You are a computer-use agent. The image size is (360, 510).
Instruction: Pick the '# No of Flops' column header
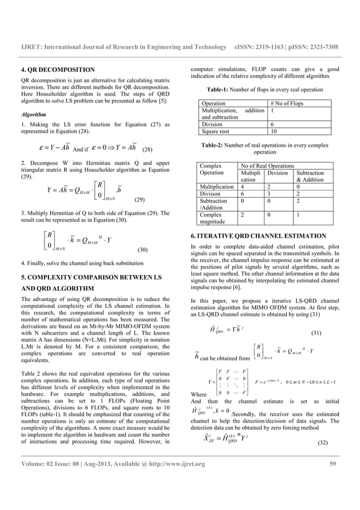288,104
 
